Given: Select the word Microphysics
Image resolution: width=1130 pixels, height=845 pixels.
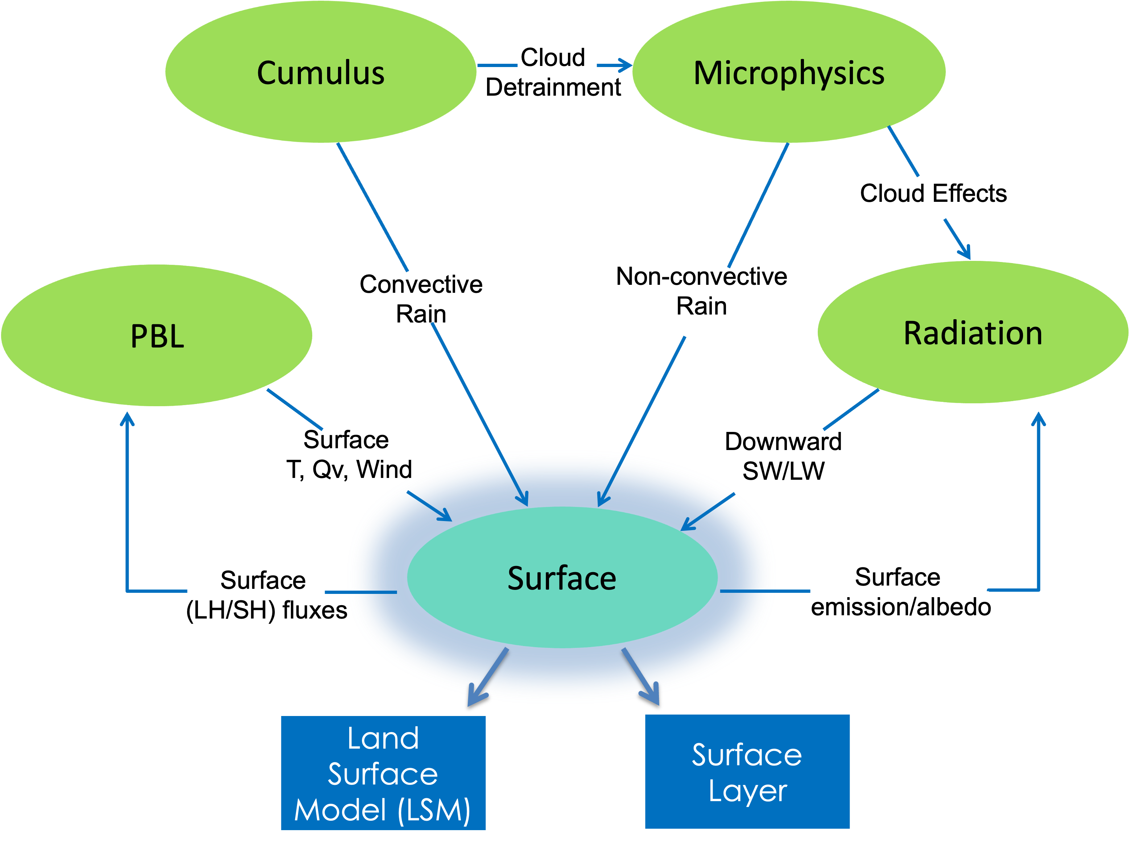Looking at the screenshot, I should [x=789, y=73].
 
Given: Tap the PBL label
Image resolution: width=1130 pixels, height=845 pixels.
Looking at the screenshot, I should [x=157, y=337].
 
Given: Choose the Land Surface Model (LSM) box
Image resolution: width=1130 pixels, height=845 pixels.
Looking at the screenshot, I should [x=383, y=773].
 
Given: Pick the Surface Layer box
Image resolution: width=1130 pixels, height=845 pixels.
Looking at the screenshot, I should [x=747, y=771].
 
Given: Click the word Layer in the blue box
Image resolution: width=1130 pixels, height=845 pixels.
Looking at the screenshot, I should [x=747, y=791].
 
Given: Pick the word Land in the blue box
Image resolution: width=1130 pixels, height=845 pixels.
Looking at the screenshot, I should [x=383, y=739].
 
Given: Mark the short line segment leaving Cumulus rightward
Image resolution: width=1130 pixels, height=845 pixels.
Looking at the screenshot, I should [x=497, y=65].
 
